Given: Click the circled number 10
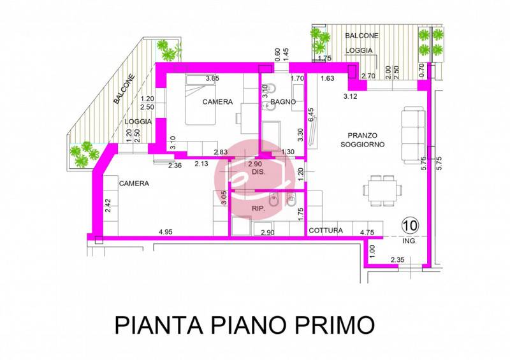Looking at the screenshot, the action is coord(411,225).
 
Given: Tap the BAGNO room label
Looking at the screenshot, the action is coord(283,102).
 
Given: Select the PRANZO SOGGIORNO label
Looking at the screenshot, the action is coord(362,140).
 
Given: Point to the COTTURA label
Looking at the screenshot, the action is coord(326,231).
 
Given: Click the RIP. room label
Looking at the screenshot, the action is coord(259,209).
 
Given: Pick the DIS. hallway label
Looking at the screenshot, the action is coord(259,172).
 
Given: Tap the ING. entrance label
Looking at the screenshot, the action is coord(409,241).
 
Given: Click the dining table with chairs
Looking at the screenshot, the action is coord(382,191).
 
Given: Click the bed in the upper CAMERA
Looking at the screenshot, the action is coord(201,100).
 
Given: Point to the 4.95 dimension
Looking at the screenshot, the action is coord(166,232).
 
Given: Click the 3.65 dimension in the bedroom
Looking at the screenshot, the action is coord(212,78).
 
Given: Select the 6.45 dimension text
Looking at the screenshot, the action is coord(311,115).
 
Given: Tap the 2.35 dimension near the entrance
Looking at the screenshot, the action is coord(397,260).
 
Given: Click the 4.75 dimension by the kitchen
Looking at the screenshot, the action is coord(367,233).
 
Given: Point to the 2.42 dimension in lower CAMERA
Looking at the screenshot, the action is coord(108,206).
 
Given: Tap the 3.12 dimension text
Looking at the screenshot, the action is coord(350,96).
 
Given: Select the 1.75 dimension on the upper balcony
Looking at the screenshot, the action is coord(324,58).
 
